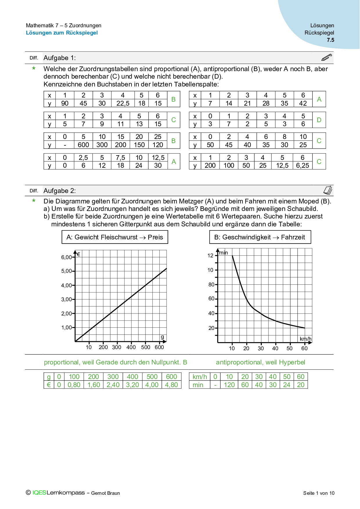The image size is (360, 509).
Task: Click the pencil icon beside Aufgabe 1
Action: coord(327,57)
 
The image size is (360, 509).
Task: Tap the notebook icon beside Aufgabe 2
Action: coord(328,190)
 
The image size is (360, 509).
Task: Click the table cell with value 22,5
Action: coord(123,103)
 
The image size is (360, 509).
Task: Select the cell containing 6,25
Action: coord(303,165)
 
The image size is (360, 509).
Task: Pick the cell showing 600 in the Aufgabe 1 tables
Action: coord(83,145)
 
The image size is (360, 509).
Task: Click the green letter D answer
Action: coord(319,120)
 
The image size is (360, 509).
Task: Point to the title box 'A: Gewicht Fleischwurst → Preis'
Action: coord(115,237)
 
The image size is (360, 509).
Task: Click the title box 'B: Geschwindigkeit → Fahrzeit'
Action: coord(260,237)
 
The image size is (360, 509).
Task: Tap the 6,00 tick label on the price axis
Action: coord(66,257)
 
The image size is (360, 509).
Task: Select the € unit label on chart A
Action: coord(78,255)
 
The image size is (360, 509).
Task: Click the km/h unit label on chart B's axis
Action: coord(305,339)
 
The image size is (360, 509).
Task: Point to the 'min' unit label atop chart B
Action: coord(223,253)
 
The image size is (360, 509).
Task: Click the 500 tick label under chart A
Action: coord(145,347)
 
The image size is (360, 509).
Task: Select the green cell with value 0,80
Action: coord(74,385)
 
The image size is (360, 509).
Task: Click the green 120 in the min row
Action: coord(229,385)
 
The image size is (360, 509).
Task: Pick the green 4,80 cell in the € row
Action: coord(171,385)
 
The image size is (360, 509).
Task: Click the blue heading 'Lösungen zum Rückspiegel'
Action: coord(62,33)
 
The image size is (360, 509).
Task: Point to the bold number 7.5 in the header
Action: coord(330,40)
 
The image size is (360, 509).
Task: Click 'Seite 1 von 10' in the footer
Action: coord(319,493)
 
